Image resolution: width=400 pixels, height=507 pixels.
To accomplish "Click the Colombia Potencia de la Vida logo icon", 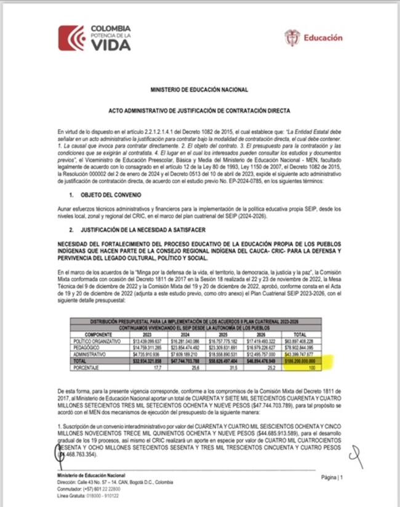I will click(x=71, y=38).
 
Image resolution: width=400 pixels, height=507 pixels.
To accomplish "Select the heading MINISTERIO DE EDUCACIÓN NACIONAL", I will click(x=199, y=90).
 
